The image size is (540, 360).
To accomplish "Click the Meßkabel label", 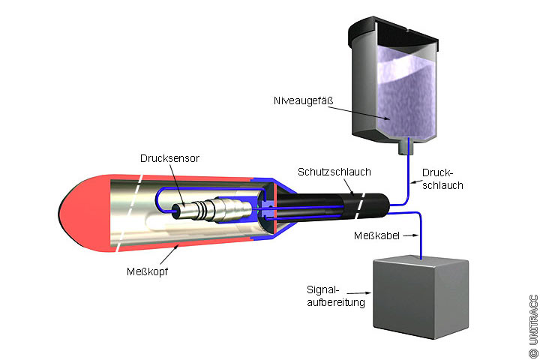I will [x=376, y=235].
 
